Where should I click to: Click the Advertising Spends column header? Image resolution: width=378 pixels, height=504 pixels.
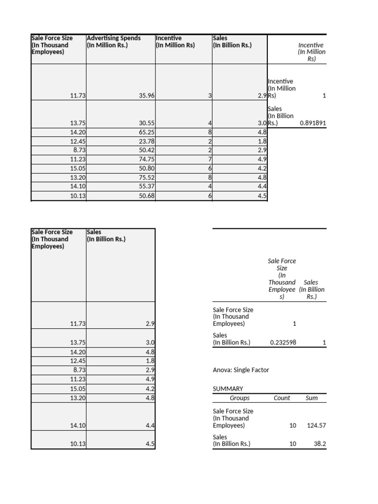coord(114,42)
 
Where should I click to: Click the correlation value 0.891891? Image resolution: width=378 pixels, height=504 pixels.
coord(313,124)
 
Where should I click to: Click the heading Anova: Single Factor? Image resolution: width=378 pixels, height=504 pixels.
coord(241,370)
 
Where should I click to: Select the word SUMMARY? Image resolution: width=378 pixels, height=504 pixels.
coord(228,389)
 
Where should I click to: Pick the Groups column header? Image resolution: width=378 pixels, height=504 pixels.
coord(240,398)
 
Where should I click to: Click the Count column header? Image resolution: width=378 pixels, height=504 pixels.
coord(282,398)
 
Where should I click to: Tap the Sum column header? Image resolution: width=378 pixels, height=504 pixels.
coord(312,398)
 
